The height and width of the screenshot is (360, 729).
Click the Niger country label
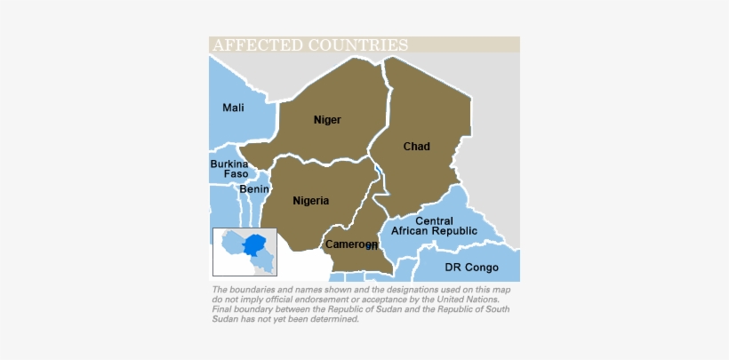pyautogui.click(x=327, y=119)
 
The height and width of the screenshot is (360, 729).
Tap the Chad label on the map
pyautogui.click(x=416, y=146)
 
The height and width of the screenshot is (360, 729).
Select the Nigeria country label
pyautogui.click(x=310, y=201)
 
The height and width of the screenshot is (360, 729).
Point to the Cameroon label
pyautogui.click(x=350, y=244)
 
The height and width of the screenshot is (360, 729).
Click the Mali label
pyautogui.click(x=233, y=108)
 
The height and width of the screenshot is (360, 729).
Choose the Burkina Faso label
pyautogui.click(x=229, y=169)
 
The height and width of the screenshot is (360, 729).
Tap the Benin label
pyautogui.click(x=254, y=189)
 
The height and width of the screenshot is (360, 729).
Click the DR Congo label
pyautogui.click(x=471, y=268)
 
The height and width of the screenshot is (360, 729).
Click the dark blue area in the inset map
pyautogui.click(x=257, y=244)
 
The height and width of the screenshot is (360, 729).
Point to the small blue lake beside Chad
pyautogui.click(x=378, y=171)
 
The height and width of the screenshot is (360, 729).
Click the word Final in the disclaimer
pyautogui.click(x=223, y=309)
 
